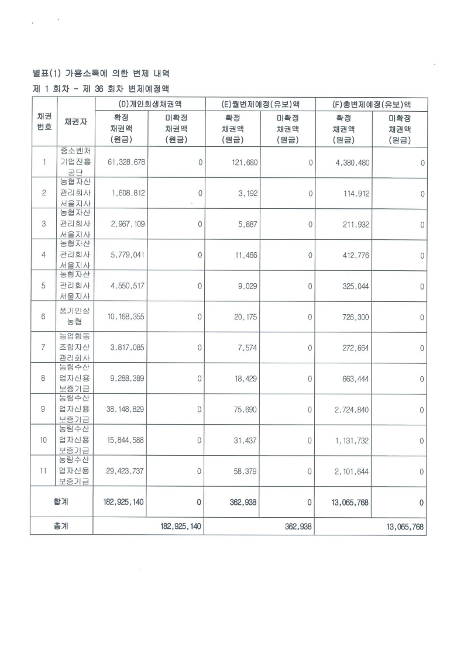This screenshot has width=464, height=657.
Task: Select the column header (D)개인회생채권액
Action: tap(148, 104)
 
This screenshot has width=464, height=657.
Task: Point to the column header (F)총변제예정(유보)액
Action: tap(370, 104)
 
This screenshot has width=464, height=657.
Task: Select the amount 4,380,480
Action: tap(352, 162)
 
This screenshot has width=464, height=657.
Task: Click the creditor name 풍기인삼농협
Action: tap(74, 317)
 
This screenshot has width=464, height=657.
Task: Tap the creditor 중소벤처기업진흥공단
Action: tap(74, 162)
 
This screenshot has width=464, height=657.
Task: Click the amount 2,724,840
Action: tap(352, 409)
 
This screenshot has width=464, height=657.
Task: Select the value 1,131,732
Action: tap(352, 440)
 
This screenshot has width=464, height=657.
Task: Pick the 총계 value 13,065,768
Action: tap(405, 527)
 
